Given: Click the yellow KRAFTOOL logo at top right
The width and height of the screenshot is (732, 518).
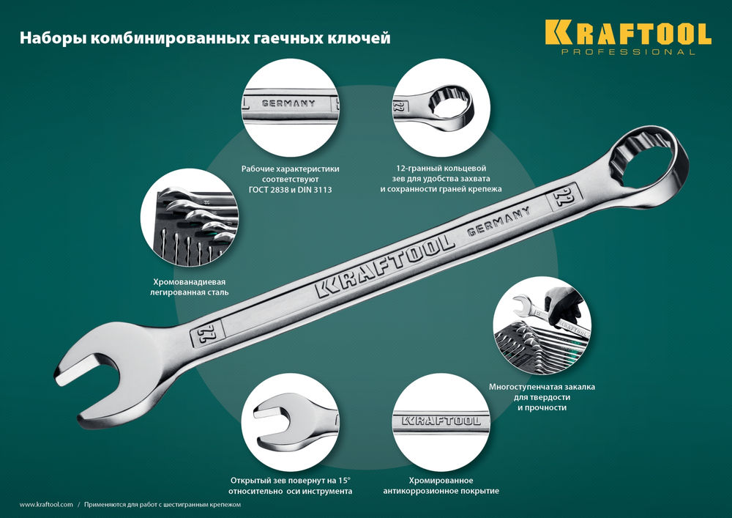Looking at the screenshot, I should (x=627, y=34).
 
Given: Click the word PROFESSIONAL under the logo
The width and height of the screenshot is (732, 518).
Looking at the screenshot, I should (x=628, y=53).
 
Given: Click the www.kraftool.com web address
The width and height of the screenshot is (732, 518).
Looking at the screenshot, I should (x=46, y=505).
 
